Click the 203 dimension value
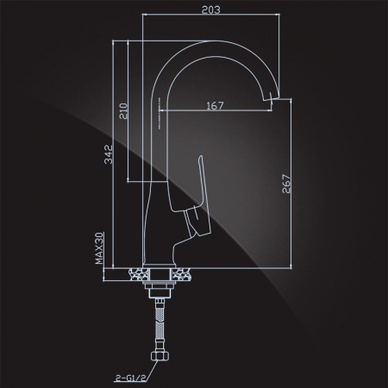[211, 9]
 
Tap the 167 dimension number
[215, 105]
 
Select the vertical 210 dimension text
[123, 111]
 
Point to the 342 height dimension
[109, 154]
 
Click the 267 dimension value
[286, 184]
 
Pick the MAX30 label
[99, 248]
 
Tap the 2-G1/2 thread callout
[130, 378]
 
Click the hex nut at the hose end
[160, 356]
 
